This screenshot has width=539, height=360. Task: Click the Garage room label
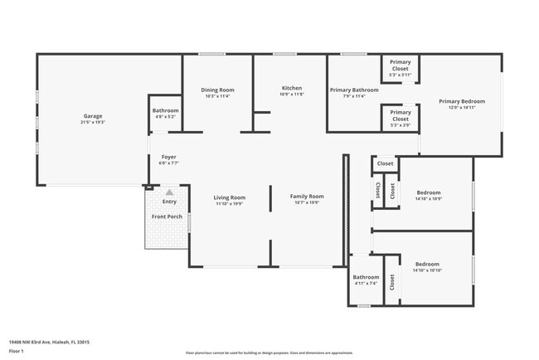93,116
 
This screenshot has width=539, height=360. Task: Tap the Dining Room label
218,90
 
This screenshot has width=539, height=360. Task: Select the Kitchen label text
292,88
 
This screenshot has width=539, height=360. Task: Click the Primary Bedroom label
462,101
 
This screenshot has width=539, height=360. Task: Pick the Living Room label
230,197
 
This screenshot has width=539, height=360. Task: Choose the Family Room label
307,197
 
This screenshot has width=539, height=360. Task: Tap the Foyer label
168,157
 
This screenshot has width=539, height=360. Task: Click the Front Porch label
167,216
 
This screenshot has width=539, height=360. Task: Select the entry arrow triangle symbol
169,192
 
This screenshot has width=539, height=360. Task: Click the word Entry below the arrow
169,202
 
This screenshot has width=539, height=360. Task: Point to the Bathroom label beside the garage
165,110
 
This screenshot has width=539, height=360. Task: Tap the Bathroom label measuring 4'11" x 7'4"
366,277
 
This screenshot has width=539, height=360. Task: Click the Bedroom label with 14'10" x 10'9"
428,192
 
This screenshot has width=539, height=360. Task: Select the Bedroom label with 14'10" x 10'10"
428,263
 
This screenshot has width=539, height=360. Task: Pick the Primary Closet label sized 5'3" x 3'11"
401,62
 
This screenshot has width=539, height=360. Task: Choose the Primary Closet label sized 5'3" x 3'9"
401,113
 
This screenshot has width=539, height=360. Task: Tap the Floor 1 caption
17,351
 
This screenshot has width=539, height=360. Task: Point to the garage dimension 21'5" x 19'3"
93,123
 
